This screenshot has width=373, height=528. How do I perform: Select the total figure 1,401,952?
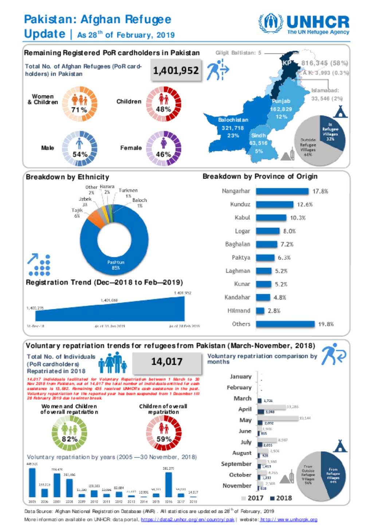coord(176,70)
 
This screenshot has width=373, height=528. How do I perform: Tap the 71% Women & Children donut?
coord(79,104)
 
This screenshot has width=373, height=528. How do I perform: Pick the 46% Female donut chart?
coord(164,148)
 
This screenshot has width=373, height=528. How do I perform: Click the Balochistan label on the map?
coord(233,120)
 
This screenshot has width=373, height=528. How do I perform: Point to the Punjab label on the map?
coord(281,101)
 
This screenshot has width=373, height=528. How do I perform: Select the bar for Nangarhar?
coord(282,191)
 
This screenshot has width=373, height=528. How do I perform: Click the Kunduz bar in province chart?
coord(274,204)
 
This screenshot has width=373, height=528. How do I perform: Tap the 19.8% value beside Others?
coord(326,324)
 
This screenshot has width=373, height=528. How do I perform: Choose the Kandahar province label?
coord(237,297)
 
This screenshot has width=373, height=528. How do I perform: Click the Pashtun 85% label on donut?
coord(116,265)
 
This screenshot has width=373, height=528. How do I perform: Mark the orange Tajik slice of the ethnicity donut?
coord(96,220)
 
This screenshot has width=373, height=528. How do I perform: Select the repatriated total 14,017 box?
coord(167,362)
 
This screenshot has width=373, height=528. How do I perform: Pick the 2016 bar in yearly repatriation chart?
coord(169,484)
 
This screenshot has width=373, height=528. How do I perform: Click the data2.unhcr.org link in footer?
coord(188,520)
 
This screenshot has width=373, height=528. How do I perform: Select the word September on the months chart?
coord(236,464)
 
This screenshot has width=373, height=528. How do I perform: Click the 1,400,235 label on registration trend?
coord(35,308)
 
